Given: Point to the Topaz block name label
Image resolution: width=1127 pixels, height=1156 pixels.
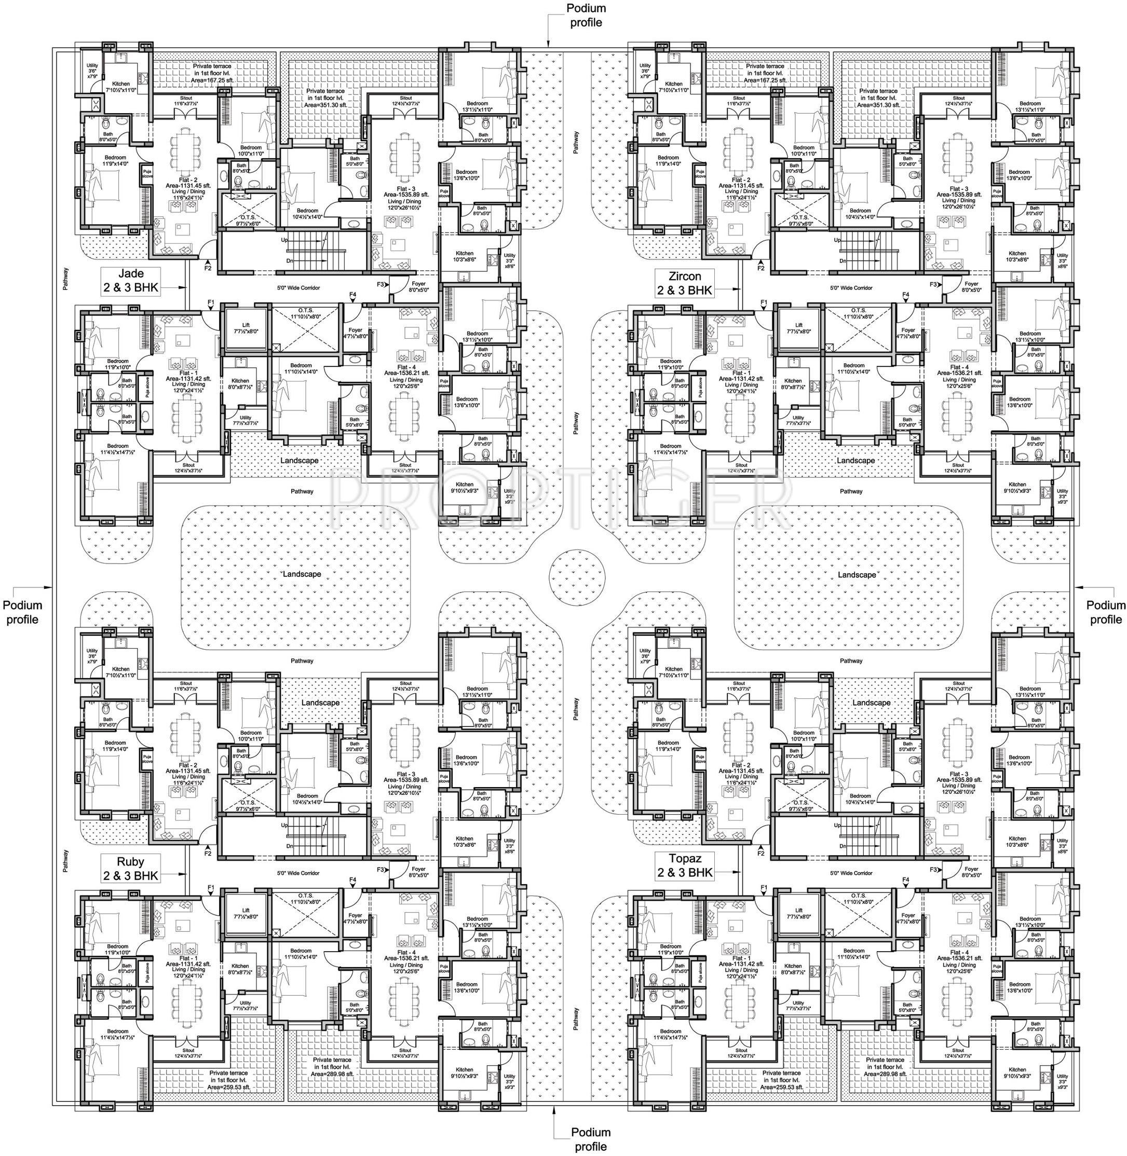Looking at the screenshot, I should [x=684, y=865].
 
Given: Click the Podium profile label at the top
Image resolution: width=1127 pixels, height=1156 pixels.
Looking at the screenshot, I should [x=586, y=16].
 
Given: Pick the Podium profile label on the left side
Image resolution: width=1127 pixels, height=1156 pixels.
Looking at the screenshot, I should [x=22, y=612].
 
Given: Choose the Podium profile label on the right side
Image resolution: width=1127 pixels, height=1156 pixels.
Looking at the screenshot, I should [x=1106, y=612].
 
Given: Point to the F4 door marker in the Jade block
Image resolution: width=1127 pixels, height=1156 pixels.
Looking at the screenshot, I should [x=353, y=295].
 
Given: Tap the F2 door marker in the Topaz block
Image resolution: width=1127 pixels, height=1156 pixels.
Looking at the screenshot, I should [x=761, y=854].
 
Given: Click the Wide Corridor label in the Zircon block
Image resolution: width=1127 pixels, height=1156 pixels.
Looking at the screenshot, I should [x=851, y=288].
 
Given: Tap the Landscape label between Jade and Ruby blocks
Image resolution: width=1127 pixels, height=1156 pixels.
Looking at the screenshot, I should [x=302, y=574].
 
